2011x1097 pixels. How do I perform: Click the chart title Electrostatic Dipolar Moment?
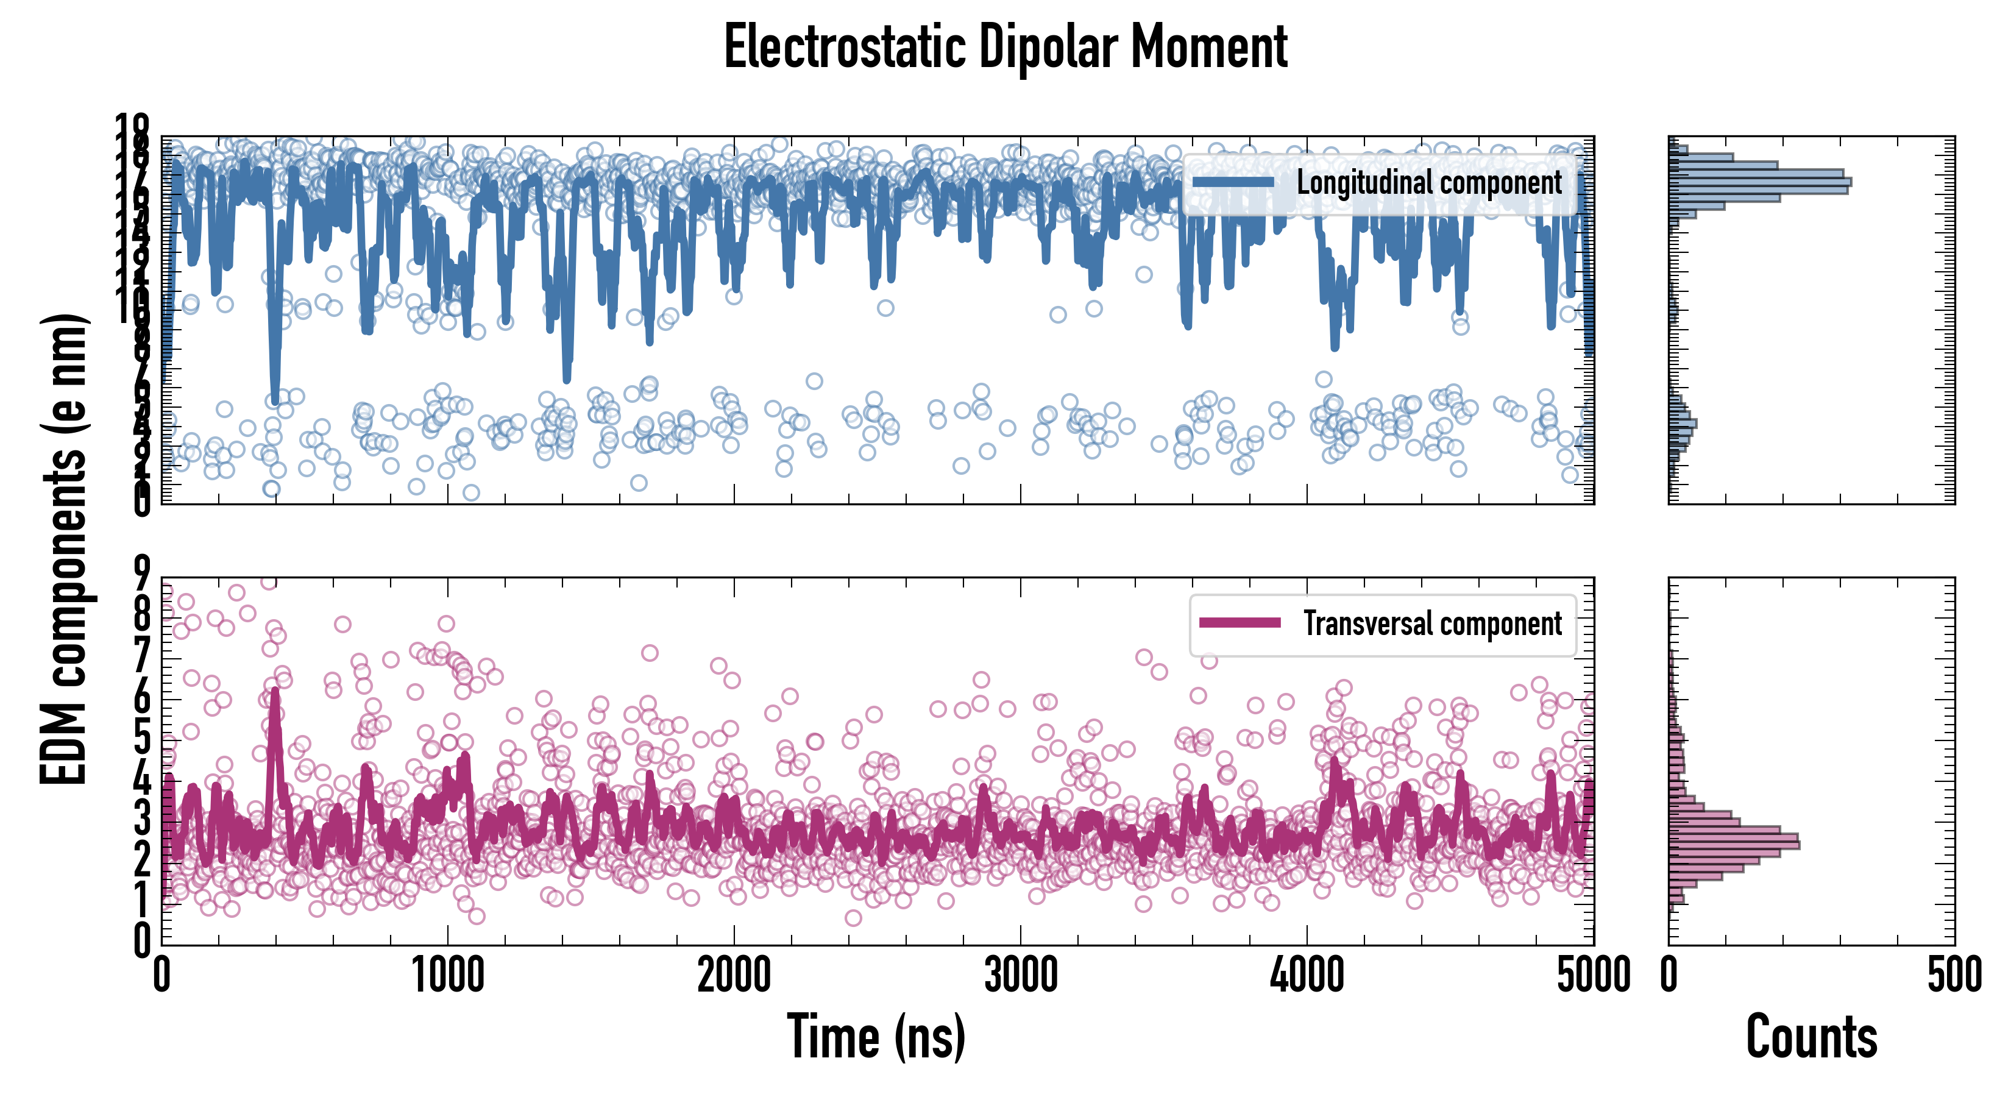tap(1005, 47)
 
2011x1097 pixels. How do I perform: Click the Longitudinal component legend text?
tap(1428, 182)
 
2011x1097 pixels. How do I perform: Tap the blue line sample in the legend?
tap(1233, 182)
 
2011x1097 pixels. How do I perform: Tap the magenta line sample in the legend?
tap(1240, 622)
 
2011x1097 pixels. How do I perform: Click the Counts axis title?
tap(1811, 1036)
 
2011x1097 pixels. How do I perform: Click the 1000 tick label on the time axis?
tap(448, 975)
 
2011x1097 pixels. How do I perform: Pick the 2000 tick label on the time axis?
tap(734, 975)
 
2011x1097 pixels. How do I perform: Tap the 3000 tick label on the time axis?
tap(1020, 975)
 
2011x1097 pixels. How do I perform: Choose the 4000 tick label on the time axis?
tap(1307, 975)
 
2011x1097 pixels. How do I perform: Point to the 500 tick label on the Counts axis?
tap(1954, 975)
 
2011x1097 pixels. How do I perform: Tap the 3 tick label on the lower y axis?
tap(142, 818)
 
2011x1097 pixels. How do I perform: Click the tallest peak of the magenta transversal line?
tap(274, 692)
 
